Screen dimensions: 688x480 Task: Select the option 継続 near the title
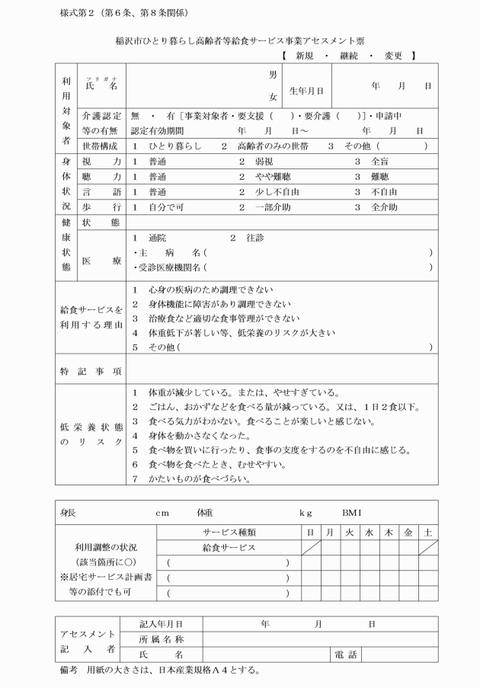[x=350, y=56]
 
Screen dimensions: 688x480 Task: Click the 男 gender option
[x=272, y=75]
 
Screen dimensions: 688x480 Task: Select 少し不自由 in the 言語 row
[x=268, y=192]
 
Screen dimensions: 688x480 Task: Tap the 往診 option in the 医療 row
[x=254, y=238]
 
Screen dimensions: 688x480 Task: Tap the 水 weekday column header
[x=368, y=532]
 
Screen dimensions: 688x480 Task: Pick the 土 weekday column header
[x=428, y=532]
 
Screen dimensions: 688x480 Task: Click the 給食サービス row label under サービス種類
[x=229, y=547]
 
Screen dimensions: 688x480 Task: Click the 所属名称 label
[x=161, y=639]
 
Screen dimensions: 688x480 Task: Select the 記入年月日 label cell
[x=161, y=624]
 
